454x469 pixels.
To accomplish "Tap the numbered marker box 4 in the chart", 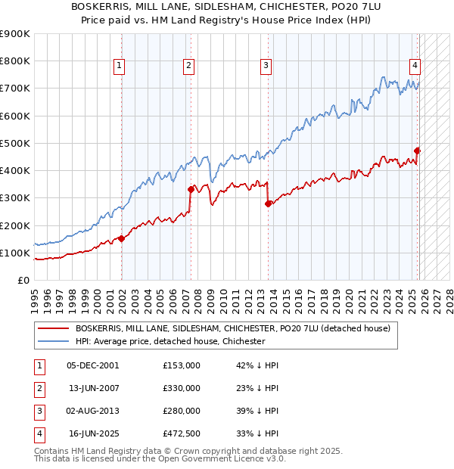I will [415, 65].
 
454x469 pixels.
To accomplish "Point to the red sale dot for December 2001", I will [121, 239].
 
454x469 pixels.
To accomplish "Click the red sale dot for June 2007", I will [190, 190].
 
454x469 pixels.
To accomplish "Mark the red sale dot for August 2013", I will [268, 203].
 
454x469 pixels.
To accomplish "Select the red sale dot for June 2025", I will [417, 151].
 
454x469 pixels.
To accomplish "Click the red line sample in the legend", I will [53, 328].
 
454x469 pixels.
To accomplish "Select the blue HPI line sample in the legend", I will [53, 341].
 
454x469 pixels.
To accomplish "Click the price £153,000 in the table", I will [182, 365].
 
